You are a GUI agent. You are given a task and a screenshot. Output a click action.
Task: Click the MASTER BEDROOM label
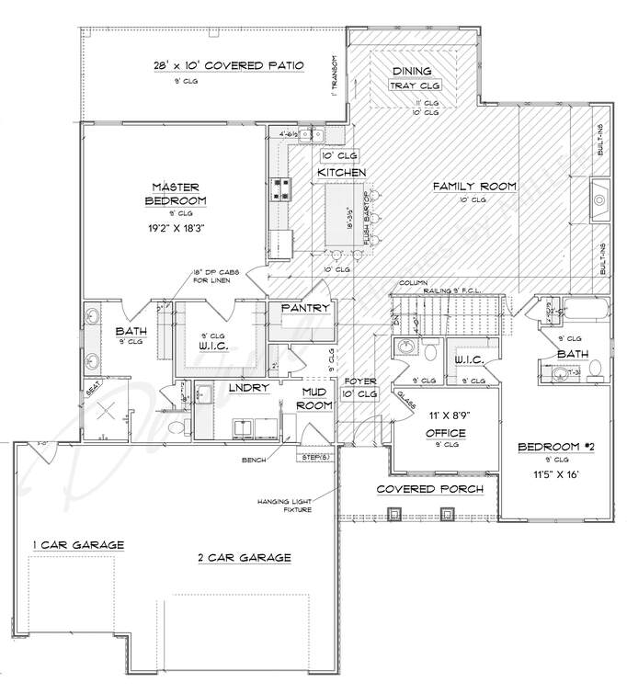click(177, 193)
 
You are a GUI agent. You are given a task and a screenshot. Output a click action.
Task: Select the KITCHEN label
click(341, 173)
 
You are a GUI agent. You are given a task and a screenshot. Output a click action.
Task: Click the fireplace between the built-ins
click(599, 199)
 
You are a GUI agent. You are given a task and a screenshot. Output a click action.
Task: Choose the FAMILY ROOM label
click(474, 187)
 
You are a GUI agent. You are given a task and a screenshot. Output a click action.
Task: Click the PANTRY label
click(305, 308)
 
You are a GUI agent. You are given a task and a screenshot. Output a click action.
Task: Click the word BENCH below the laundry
click(254, 458)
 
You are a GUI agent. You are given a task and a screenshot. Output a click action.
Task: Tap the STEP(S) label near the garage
click(312, 456)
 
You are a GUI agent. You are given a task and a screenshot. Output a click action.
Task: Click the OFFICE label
click(446, 433)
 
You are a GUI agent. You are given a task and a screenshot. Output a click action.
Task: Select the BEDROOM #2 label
click(552, 447)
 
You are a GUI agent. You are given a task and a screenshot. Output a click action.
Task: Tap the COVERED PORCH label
click(430, 489)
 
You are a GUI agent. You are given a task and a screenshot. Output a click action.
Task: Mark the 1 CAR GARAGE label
click(78, 545)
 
